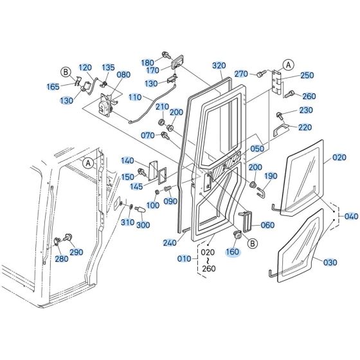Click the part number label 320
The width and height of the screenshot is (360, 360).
pos(220,66)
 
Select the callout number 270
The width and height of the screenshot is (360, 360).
pos(241,73)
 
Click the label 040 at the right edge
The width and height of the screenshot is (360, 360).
pos(350,217)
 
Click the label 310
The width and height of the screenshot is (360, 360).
pos(126,222)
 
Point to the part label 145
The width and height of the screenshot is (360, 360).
pos(136,186)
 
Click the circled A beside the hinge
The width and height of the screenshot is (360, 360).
pos(287,64)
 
